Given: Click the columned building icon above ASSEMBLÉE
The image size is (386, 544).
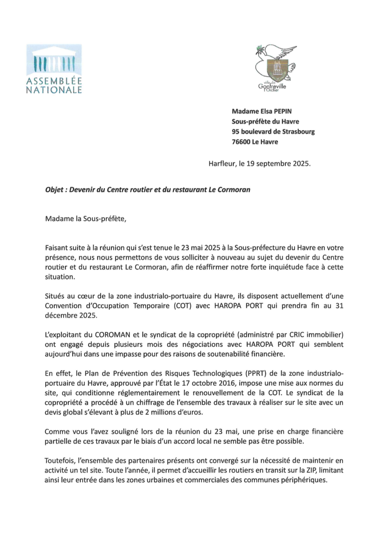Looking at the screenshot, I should [x=54, y=62].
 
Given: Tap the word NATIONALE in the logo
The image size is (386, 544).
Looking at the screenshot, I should [x=54, y=90].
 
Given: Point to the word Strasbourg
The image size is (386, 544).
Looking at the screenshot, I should [x=298, y=132].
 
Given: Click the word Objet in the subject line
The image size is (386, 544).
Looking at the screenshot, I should [x=54, y=190].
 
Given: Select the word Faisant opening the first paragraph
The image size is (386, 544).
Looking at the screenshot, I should [x=57, y=248].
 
